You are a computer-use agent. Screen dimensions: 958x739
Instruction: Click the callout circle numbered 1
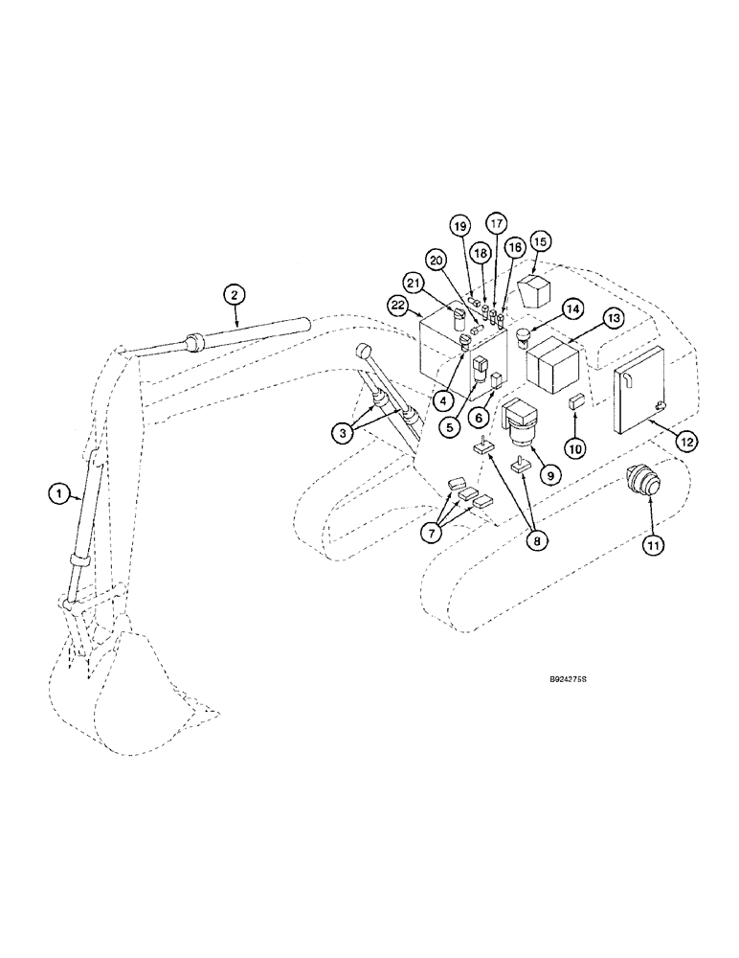pos(58,493)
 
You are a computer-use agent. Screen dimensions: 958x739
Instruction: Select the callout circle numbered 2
pos(233,295)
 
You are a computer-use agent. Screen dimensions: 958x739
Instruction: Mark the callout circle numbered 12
pos(686,441)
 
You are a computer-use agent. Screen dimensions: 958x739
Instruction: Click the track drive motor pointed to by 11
pos(641,482)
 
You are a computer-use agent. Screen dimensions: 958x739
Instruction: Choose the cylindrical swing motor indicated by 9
pos(523,422)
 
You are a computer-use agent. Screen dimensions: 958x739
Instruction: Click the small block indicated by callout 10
pos(576,401)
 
